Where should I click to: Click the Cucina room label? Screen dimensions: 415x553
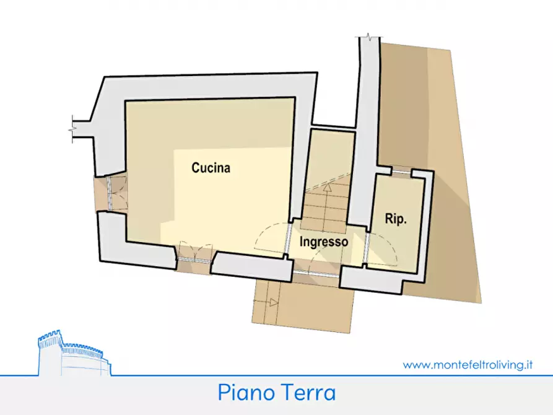(211, 167)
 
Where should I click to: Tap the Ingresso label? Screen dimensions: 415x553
(324, 242)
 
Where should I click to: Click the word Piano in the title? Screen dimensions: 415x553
(243, 393)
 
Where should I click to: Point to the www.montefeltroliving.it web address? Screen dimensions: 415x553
(468, 365)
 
